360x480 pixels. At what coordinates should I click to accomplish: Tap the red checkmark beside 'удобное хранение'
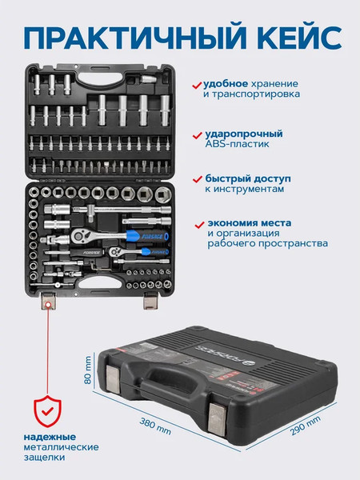(197, 85)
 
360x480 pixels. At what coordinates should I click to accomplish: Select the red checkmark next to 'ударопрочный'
(198, 135)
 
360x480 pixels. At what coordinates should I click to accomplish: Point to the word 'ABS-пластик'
(238, 144)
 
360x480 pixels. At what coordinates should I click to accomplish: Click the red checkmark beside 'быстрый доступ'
(198, 179)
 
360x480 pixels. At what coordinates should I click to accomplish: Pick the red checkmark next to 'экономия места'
(199, 225)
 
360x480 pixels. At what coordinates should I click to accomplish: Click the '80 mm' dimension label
(88, 370)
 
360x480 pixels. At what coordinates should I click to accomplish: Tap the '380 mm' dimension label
(155, 426)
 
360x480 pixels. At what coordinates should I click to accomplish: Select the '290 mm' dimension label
(306, 426)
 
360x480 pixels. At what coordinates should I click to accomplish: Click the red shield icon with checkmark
(47, 411)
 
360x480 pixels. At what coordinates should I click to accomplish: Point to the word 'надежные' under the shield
(50, 437)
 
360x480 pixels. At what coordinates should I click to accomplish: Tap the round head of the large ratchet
(79, 235)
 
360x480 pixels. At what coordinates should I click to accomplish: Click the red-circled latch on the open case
(48, 301)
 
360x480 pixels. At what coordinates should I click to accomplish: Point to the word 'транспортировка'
(252, 94)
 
